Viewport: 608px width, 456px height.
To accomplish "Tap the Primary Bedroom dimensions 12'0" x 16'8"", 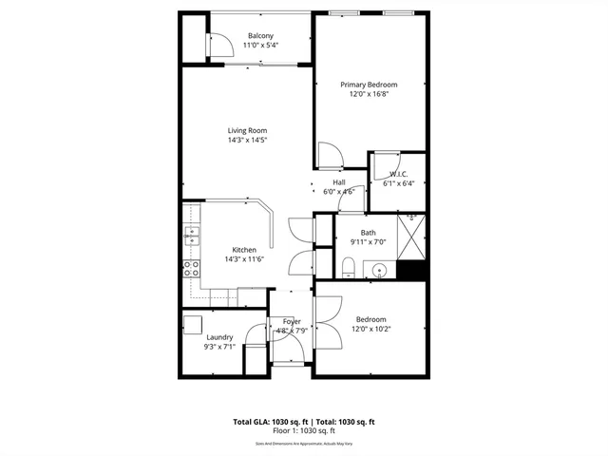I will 370,94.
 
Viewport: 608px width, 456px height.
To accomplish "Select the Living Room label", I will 247,130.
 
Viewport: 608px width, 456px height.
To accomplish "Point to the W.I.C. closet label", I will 398,174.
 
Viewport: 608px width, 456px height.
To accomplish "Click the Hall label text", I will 338,182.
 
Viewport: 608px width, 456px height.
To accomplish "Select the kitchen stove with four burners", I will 191,269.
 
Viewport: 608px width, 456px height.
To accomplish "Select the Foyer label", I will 292,322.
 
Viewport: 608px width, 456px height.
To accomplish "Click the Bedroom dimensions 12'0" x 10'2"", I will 370,329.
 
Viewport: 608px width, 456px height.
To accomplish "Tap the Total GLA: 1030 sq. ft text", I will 268,422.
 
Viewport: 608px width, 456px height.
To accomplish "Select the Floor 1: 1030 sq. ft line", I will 304,430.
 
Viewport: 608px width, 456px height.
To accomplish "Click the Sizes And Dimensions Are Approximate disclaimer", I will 304,444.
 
